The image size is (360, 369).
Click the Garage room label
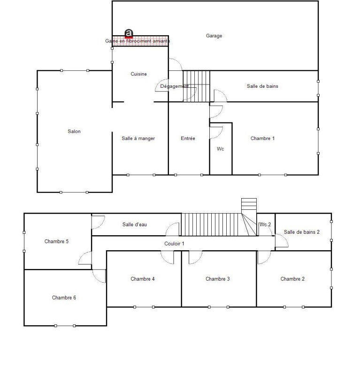coord(214,36)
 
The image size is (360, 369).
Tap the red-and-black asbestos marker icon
coord(129,33)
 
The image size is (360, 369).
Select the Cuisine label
coord(138,74)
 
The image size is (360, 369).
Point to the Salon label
coord(74,131)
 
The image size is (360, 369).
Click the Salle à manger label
coord(138,138)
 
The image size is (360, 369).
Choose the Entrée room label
coord(188,138)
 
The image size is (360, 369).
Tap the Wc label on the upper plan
coord(220,149)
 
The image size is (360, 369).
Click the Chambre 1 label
coord(262,138)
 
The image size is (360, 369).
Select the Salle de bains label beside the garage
coord(262,86)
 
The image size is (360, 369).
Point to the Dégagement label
coord(174,86)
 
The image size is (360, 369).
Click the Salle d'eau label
coord(135,224)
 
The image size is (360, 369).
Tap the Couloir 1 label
coord(174,243)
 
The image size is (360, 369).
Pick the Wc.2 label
coord(265,224)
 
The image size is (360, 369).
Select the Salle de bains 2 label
coord(302,232)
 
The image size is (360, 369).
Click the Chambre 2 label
coord(292,279)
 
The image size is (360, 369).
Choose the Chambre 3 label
coord(218,279)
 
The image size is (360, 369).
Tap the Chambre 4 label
coord(143,279)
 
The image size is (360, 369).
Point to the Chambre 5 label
coord(57,241)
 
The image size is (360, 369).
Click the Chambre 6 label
coord(64,298)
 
